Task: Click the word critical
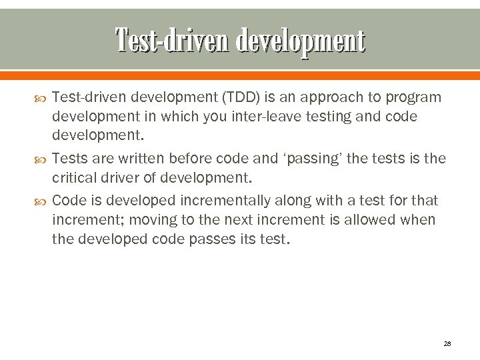(x=77, y=178)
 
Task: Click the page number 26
(x=447, y=343)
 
